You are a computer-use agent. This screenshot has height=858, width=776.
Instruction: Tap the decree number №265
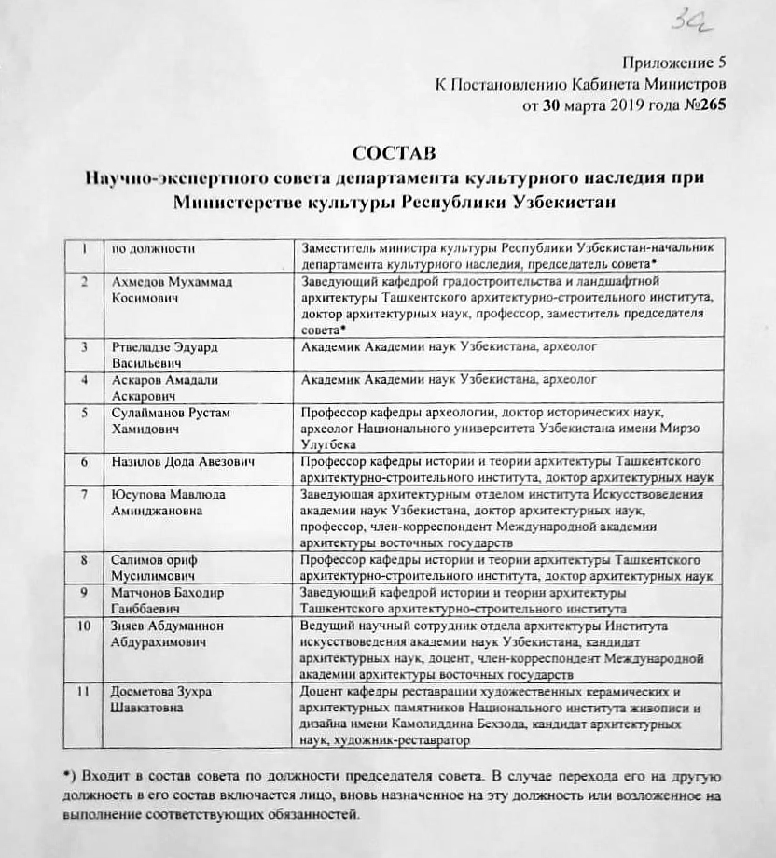coord(699,105)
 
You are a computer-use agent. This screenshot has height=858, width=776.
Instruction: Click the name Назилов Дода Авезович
coord(183,462)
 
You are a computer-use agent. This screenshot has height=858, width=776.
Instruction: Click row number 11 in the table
coord(85,693)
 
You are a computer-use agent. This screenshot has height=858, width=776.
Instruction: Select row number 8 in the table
coord(85,560)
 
